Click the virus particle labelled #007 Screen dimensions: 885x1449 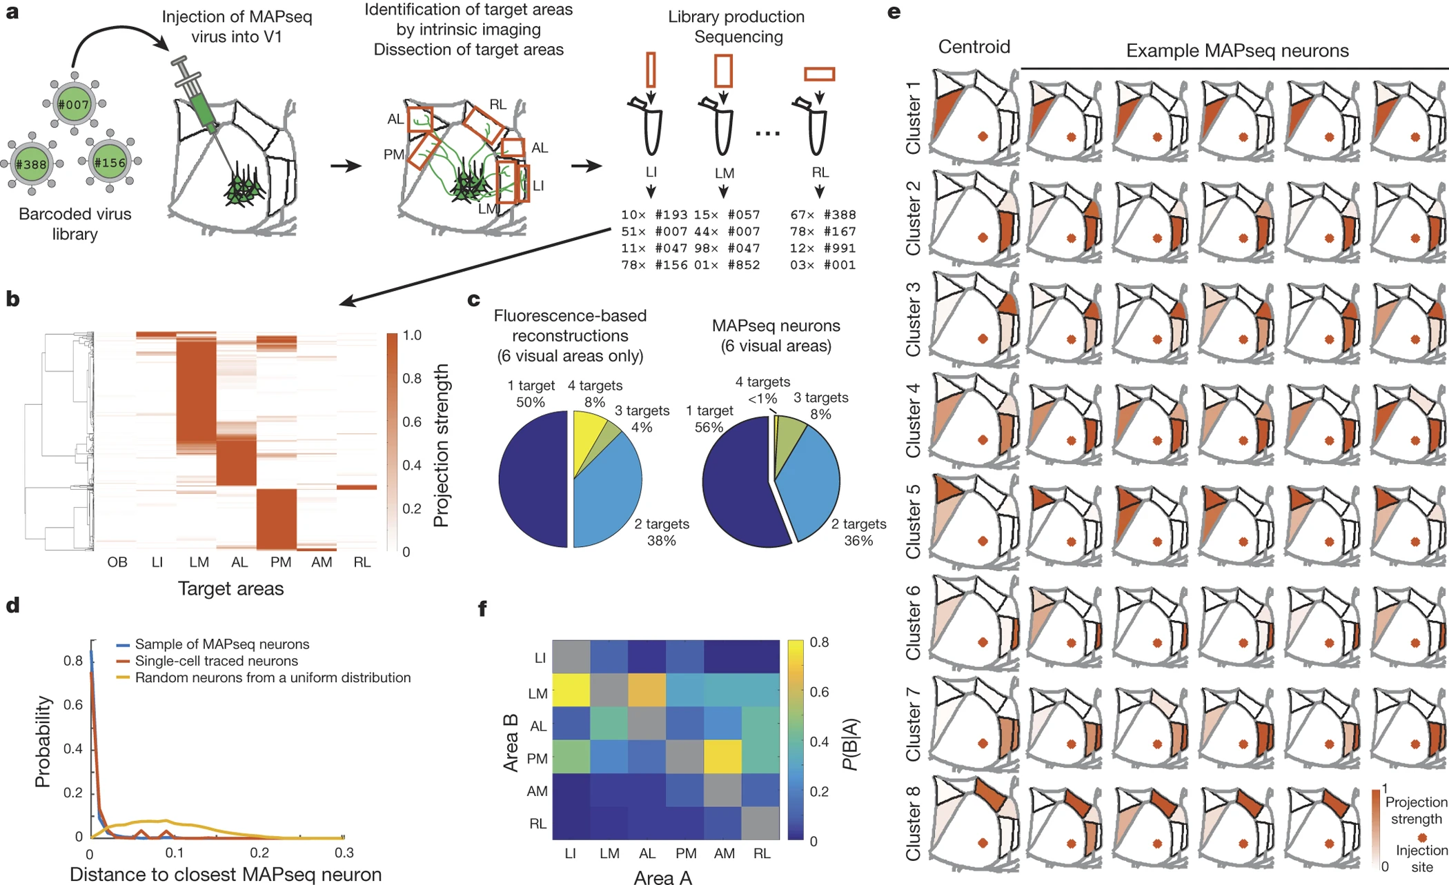pos(74,104)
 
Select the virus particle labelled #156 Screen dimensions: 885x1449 pos(110,163)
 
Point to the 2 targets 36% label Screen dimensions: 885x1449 pos(858,532)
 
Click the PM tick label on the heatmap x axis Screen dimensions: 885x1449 pos(280,562)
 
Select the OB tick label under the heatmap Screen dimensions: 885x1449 pos(117,562)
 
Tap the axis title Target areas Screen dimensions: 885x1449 pos(230,588)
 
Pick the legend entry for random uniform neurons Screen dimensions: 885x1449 pos(273,677)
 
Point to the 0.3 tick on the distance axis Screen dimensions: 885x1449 pos(344,853)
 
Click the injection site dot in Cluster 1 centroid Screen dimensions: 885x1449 pos(983,137)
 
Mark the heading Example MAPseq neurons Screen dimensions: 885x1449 pos(1236,50)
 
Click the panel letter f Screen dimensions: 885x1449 pos(482,608)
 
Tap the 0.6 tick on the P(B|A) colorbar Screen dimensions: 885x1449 pos(819,692)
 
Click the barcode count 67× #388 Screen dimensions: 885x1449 pos(822,215)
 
